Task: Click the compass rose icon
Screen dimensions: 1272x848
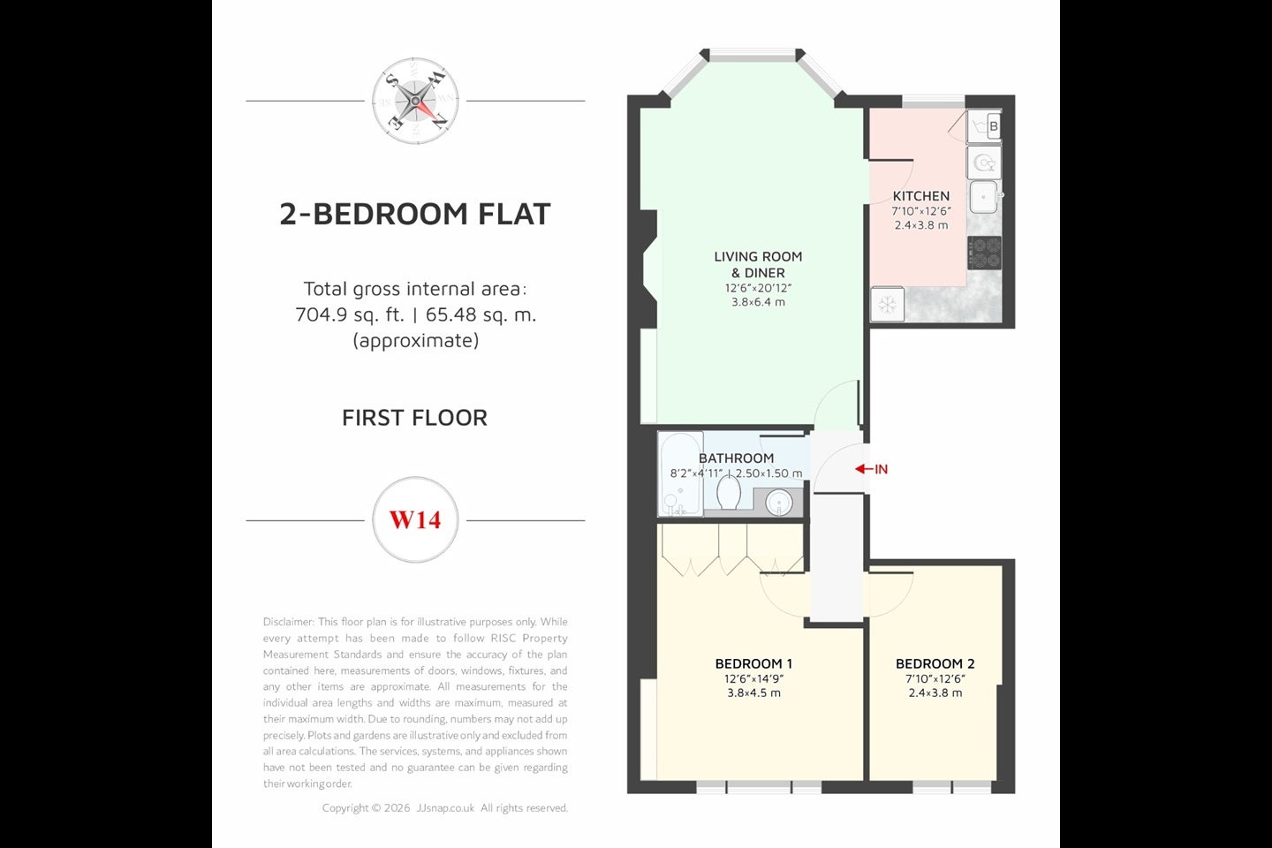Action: (x=415, y=101)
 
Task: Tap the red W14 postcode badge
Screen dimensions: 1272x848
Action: (x=415, y=519)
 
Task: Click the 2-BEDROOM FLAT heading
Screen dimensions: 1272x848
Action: (x=415, y=214)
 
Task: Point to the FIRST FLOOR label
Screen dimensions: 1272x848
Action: (x=415, y=418)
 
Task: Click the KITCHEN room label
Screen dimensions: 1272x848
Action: (x=921, y=196)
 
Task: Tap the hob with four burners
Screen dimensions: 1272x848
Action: (x=984, y=253)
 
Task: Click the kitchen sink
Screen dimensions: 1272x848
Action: (x=984, y=197)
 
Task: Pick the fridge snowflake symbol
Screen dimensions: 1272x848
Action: (x=888, y=305)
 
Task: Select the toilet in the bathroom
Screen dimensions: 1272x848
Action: (x=728, y=491)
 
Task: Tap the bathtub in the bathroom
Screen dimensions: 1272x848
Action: (x=681, y=474)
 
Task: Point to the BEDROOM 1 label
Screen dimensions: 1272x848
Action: (x=753, y=663)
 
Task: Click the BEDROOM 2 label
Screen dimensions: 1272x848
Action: (x=935, y=663)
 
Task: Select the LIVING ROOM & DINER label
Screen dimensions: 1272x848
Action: (x=758, y=265)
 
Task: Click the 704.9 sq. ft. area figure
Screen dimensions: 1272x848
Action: (x=350, y=314)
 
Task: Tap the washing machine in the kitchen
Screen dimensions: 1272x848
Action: (x=984, y=163)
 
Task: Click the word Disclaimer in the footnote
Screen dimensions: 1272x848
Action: (x=288, y=622)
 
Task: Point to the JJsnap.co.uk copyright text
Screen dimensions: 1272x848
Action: (x=445, y=808)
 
